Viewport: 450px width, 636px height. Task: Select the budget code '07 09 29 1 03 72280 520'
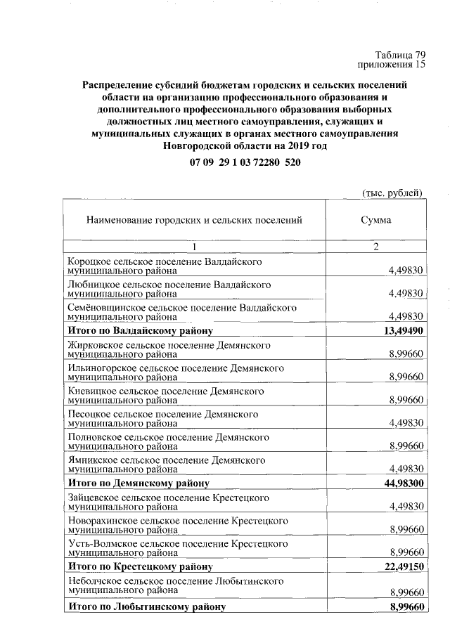244,162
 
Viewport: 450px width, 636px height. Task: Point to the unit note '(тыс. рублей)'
392,192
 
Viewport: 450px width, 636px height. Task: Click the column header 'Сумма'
376,220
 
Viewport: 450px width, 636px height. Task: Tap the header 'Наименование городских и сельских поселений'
194,220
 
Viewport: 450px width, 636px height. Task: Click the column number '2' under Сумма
376,247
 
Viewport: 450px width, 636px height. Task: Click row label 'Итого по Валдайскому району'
140,330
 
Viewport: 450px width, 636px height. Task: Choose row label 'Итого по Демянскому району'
138,483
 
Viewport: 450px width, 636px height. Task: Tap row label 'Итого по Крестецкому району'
140,566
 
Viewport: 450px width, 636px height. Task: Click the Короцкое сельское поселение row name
165,265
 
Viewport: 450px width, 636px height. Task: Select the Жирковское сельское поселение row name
169,350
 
